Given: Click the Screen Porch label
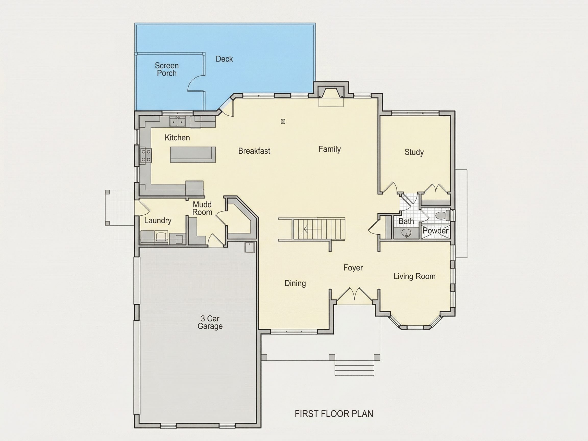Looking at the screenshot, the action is click(x=167, y=69).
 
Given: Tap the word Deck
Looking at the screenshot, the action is click(x=224, y=59).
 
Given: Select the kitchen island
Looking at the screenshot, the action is click(x=193, y=154).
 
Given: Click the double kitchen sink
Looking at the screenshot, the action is click(x=177, y=122).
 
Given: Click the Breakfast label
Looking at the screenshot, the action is click(x=254, y=151).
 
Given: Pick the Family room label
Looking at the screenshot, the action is click(x=330, y=149).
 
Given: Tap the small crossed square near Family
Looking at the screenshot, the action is click(x=283, y=122).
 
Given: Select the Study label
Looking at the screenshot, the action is click(x=414, y=152).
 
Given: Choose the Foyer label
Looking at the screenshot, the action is click(x=353, y=268).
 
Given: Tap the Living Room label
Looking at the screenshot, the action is click(x=414, y=276).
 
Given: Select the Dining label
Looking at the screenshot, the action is click(x=295, y=283).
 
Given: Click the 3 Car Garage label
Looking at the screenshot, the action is click(x=210, y=322).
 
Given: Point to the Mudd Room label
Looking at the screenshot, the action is click(x=202, y=209).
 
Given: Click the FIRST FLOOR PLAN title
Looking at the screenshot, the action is click(x=334, y=414).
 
